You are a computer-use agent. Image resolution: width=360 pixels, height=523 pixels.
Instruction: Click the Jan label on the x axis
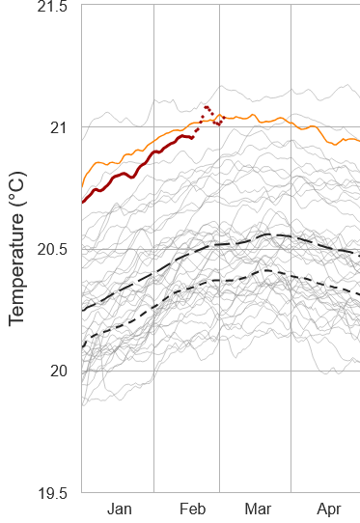119,509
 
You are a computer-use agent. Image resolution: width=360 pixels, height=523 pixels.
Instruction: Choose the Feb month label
191,509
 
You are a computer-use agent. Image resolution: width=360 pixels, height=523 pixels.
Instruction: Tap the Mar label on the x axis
257,509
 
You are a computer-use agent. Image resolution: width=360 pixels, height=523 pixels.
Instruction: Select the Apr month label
329,509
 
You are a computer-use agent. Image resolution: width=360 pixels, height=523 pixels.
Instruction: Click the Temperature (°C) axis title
17,247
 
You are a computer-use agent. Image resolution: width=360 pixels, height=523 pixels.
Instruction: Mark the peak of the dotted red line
207,106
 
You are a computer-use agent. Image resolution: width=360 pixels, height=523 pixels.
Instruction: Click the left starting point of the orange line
82,184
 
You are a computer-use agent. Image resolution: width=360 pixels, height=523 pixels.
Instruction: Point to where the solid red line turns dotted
193,137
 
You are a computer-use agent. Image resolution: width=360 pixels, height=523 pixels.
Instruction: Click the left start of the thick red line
82,202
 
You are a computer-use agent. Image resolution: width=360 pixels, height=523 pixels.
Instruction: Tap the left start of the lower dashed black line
82,345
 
